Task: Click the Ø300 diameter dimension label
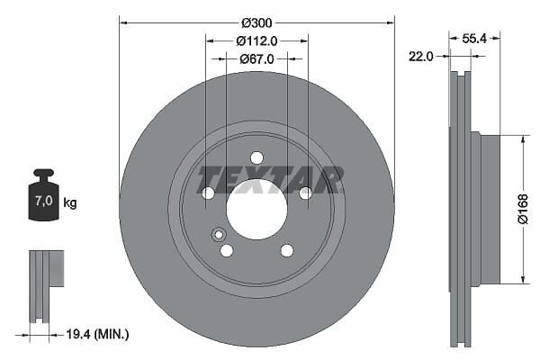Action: [x=256, y=23]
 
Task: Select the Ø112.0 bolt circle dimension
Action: [x=256, y=41]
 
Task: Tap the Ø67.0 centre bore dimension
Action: [x=256, y=58]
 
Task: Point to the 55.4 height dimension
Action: [x=474, y=38]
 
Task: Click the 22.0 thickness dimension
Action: [x=421, y=56]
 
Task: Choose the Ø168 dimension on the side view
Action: [x=523, y=209]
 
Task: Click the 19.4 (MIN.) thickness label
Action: [x=97, y=334]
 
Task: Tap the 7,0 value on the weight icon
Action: [x=44, y=201]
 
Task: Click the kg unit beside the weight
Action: [x=70, y=202]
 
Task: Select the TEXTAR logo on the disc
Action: [x=270, y=180]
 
